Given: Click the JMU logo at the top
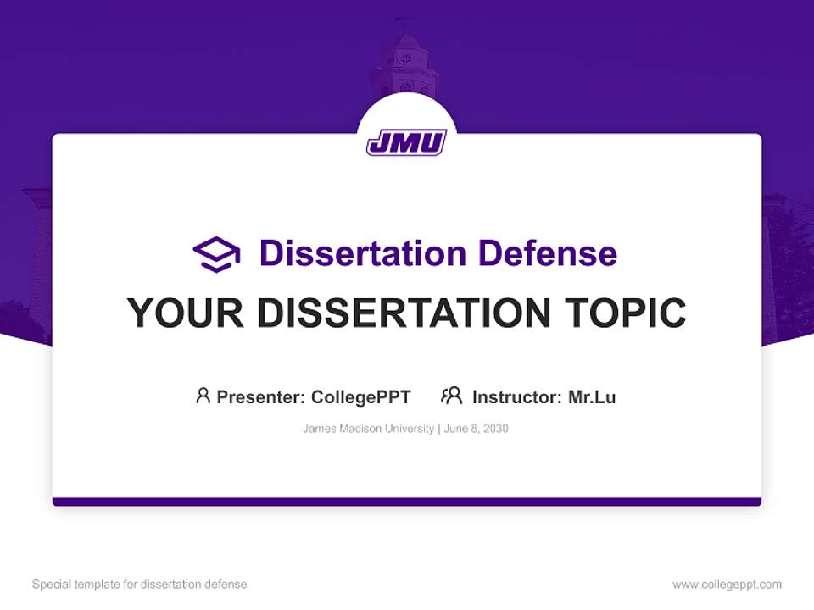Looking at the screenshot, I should pos(406,142).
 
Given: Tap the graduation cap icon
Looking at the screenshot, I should pos(216,254).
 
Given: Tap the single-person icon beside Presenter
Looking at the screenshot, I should pos(203,396).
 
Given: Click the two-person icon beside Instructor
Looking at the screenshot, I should pos(451,396).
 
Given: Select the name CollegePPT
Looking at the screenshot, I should pos(360,396).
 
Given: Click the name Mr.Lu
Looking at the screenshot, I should pos(592,396).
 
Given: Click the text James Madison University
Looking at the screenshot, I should pos(368,429).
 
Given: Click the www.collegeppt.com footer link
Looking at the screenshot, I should pos(727,585).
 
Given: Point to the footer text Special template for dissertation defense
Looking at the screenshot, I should pos(140,585).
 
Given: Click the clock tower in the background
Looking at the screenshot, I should pos(404,64).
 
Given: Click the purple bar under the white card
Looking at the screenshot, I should pos(406,502).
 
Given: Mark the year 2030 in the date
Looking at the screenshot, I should pos(496,429).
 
